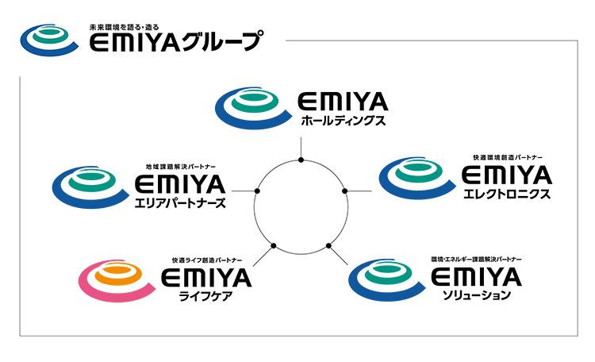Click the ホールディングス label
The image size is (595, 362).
click(x=343, y=121)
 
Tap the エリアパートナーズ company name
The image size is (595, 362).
click(x=180, y=204)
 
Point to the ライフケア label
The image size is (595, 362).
click(x=205, y=296)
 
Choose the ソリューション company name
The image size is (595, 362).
click(x=477, y=296)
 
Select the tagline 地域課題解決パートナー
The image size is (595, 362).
click(x=182, y=167)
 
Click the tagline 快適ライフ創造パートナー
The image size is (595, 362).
click(x=208, y=260)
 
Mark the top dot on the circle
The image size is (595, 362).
click(x=301, y=160)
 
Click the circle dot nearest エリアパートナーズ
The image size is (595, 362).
click(x=257, y=191)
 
